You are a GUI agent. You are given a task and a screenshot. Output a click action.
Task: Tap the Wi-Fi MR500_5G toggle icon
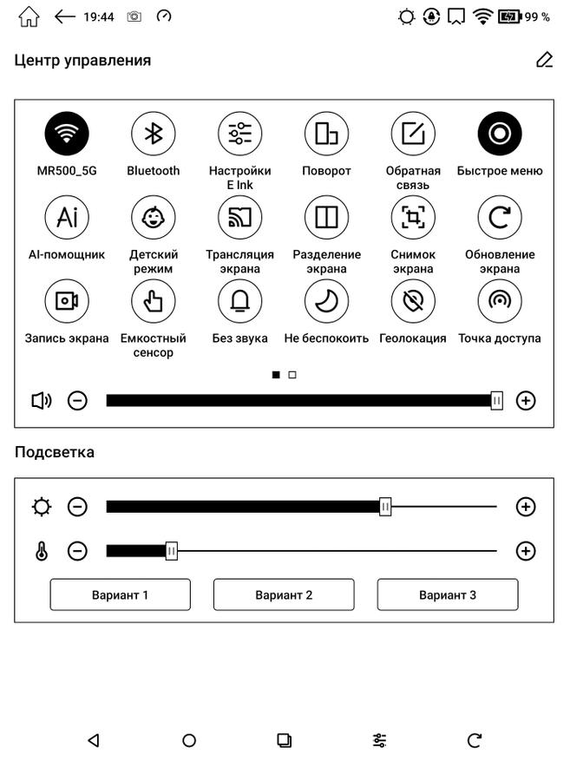point(67,134)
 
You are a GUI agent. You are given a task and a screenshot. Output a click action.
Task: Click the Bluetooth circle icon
point(154,134)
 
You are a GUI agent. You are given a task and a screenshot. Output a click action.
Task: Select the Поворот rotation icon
point(326,134)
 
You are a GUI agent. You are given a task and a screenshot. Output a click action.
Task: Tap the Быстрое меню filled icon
point(500,134)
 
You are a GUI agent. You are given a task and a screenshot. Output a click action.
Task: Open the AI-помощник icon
point(67,218)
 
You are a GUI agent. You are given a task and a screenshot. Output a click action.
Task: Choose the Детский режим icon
point(154,218)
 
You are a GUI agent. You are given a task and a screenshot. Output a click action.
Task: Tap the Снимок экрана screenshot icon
point(413,218)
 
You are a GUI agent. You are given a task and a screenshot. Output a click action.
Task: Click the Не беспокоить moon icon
point(326,301)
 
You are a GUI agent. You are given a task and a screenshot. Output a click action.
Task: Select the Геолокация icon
point(413,301)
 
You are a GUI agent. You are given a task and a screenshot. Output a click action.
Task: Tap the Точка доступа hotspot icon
point(500,301)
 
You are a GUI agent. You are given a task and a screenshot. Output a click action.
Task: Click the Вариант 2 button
point(284,595)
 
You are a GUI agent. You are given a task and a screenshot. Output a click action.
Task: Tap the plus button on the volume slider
point(526,400)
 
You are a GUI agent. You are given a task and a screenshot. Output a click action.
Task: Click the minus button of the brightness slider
point(78,507)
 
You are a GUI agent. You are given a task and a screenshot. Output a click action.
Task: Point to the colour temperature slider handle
point(172,550)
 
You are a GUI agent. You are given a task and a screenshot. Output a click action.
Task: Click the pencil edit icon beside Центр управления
point(544,60)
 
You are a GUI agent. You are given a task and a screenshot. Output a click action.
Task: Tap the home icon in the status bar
point(29,16)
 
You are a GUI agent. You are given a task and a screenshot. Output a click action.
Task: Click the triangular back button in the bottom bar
point(94,740)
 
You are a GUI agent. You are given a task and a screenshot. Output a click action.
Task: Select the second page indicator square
point(292,375)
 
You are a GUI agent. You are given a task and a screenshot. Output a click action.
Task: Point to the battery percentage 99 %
point(538,16)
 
